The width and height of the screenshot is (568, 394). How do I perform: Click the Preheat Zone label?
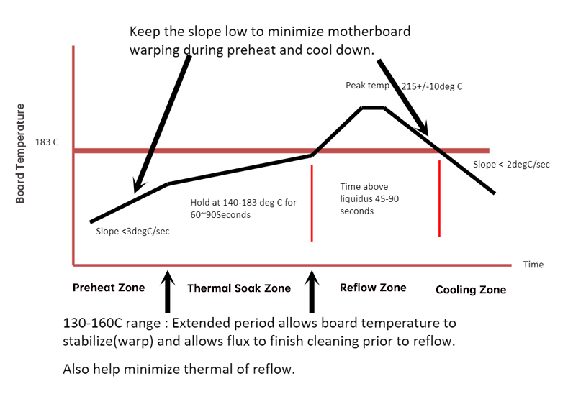pos(109,288)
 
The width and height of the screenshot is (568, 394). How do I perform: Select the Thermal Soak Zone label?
pos(239,288)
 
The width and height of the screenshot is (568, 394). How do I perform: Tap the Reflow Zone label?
pos(372,288)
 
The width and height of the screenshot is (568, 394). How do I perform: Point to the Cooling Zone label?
pos(471,290)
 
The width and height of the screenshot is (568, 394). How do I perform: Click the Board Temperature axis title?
pos(20,153)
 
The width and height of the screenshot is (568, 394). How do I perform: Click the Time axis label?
pos(533,265)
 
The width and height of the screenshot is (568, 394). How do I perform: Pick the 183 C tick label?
pos(47,142)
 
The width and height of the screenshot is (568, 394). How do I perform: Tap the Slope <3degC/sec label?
pos(133,232)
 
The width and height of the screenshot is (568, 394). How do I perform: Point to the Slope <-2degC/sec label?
pos(511,165)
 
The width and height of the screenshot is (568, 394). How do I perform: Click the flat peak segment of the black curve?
pos(373,108)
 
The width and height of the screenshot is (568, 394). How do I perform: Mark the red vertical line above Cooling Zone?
pos(439,198)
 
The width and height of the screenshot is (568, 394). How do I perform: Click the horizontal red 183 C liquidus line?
pos(216,151)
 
